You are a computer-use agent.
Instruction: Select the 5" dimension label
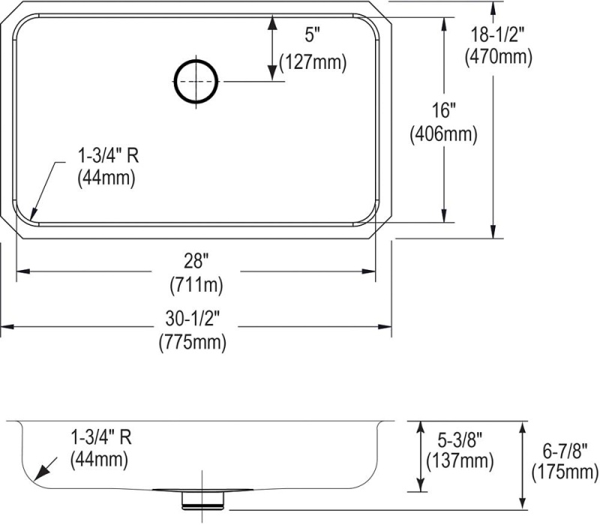coord(312,35)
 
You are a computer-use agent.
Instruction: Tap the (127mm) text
coord(313,61)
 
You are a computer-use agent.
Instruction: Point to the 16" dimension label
coord(443,111)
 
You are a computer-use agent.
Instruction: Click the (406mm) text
coord(443,134)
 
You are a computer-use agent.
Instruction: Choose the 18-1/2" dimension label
coord(496,35)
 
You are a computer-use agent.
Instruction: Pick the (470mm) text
coord(498,58)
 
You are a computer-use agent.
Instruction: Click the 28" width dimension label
coord(196,261)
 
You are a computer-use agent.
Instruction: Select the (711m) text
coord(196,285)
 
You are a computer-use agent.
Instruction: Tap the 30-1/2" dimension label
coord(193,318)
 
